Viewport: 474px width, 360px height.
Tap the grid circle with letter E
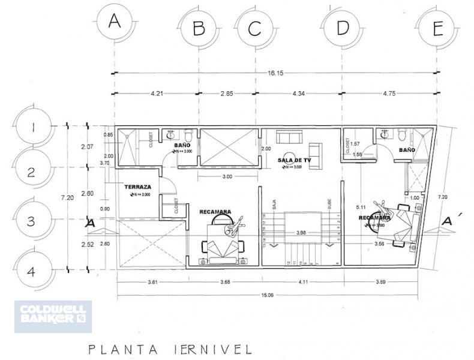[x=437, y=27]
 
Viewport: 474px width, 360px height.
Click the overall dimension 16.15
[x=275, y=73]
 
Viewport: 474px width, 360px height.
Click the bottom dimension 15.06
[x=268, y=295]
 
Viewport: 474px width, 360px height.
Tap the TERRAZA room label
[x=137, y=187]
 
